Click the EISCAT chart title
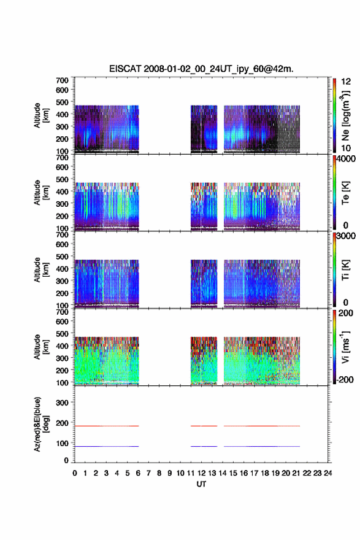(201, 69)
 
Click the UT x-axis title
(201, 484)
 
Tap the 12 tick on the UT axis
(201, 473)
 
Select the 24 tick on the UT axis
(327, 473)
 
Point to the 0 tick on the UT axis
(75, 473)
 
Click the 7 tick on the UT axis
(148, 473)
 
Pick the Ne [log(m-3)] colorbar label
(345, 115)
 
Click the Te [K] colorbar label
(345, 193)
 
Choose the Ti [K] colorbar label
(345, 270)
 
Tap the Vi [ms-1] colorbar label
(345, 347)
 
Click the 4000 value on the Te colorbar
(346, 159)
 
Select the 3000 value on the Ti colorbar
(346, 236)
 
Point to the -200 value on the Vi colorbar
(345, 380)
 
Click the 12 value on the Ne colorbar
(346, 82)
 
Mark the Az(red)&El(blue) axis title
(40, 424)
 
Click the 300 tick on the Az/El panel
(63, 403)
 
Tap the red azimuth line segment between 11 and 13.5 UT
(204, 426)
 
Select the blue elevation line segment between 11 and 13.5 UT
(204, 446)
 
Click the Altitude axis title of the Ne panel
(40, 115)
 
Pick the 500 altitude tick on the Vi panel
(63, 334)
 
